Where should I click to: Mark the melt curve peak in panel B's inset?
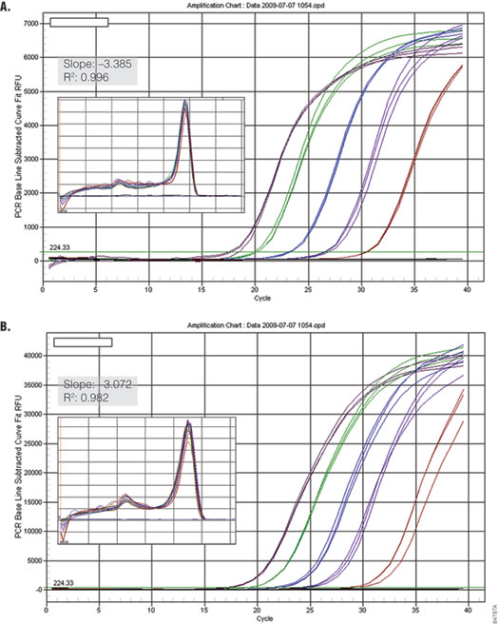[188, 422]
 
